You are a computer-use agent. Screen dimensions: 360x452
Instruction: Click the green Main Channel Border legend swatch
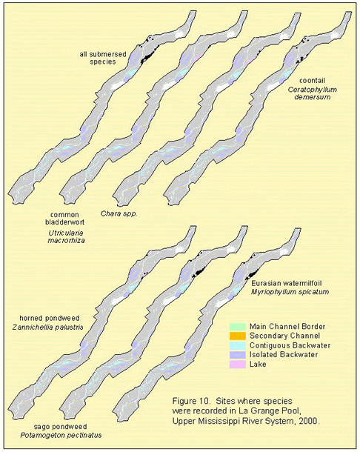[238, 327]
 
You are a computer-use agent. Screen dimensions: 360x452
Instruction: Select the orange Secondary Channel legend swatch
[238, 336]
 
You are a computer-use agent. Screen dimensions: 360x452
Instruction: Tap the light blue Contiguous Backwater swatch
[238, 345]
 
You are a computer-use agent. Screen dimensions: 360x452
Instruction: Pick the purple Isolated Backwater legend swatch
[238, 355]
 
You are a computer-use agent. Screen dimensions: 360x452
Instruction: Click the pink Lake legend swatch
[238, 364]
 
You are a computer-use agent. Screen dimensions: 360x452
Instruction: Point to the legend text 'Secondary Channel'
[284, 336]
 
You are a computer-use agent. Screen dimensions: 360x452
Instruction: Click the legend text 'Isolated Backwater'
[284, 355]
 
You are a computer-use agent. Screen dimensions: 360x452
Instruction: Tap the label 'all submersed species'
[103, 58]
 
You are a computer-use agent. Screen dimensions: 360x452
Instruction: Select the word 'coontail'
[312, 81]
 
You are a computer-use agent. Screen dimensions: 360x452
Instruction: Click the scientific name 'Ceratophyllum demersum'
[313, 93]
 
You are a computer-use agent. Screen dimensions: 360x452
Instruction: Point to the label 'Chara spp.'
[119, 214]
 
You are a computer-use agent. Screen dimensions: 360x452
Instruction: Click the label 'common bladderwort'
[65, 219]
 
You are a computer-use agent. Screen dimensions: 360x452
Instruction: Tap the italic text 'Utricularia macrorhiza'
[67, 236]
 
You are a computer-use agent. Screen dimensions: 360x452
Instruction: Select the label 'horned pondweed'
[50, 318]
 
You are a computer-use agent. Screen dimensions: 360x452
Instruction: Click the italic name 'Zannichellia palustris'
[48, 328]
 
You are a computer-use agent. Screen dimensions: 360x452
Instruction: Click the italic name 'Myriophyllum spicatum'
[290, 292]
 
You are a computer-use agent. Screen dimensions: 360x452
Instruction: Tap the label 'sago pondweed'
[60, 426]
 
